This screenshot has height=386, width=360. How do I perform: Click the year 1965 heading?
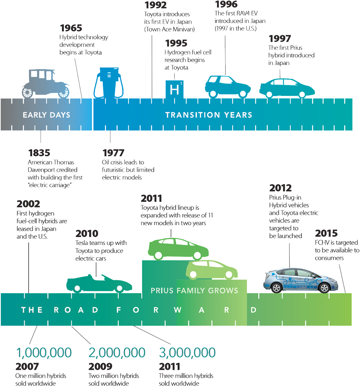(x=71, y=28)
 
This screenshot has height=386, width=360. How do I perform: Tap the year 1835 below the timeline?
(x=39, y=153)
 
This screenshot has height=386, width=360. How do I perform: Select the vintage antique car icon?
(x=46, y=84)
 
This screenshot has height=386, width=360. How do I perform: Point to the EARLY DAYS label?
(x=46, y=115)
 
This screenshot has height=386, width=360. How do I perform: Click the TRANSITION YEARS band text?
(x=209, y=115)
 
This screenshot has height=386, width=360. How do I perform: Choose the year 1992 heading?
(x=156, y=5)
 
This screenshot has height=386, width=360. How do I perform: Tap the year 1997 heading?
(x=280, y=39)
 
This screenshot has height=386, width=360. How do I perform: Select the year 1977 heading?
(x=113, y=153)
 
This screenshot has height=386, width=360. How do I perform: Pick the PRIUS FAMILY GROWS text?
(x=194, y=290)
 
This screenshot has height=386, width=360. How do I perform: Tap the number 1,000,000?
(x=44, y=353)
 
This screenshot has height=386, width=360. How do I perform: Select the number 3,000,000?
(x=187, y=353)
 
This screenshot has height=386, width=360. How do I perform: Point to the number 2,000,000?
(x=117, y=353)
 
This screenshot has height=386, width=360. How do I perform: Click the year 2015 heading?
(x=326, y=233)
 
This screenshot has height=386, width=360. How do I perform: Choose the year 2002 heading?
(x=28, y=204)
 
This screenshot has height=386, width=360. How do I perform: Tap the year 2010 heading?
(x=87, y=234)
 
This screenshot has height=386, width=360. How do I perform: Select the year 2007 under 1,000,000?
(x=27, y=366)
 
